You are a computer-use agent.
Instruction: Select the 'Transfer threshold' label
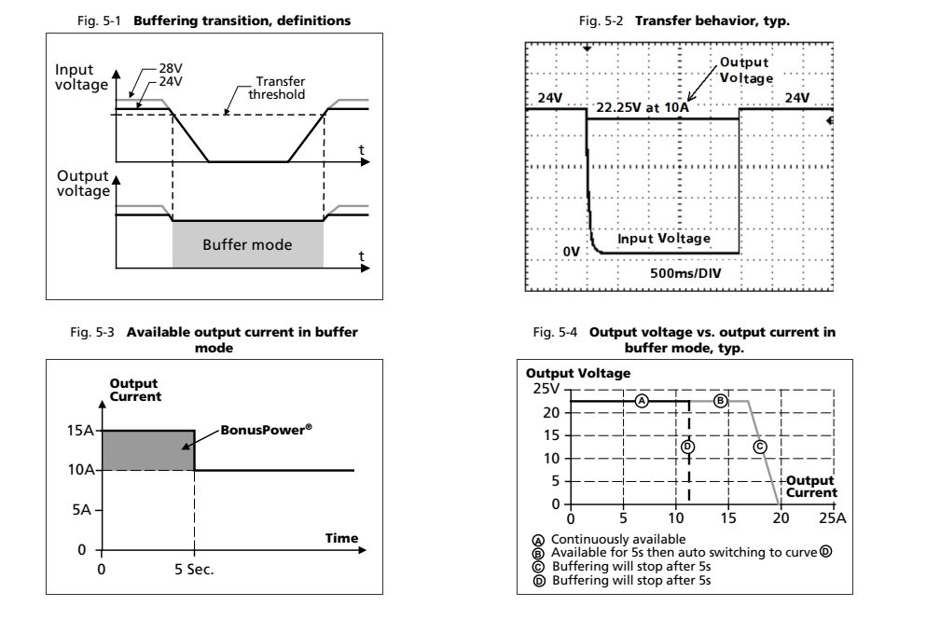(280, 88)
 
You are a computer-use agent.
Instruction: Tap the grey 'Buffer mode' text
(247, 245)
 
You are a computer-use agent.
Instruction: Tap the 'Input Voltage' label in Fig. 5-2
(663, 239)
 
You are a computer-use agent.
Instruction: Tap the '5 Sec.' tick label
(194, 568)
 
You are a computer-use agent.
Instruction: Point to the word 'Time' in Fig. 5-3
(340, 538)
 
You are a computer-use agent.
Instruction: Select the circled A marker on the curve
(641, 401)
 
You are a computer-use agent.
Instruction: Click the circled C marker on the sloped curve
(759, 447)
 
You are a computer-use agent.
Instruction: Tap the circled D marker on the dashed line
(688, 447)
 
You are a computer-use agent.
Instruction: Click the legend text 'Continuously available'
(618, 539)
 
